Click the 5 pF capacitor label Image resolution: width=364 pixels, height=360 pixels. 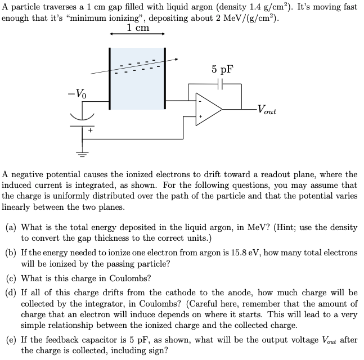pyautogui.click(x=222, y=69)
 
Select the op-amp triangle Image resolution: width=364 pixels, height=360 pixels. pyautogui.click(x=208, y=109)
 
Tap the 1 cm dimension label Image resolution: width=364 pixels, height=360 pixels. pyautogui.click(x=138, y=28)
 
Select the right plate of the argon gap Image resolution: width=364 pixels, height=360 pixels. pyautogui.click(x=165, y=78)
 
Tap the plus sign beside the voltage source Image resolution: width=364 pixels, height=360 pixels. pyautogui.click(x=89, y=130)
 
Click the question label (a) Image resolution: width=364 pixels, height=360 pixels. pyautogui.click(x=11, y=227)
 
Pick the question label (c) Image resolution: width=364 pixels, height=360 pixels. pyautogui.click(x=11, y=278)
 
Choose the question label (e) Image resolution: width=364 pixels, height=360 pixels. pyautogui.click(x=11, y=340)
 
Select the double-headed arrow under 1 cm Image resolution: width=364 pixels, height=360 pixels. pyautogui.click(x=138, y=34)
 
